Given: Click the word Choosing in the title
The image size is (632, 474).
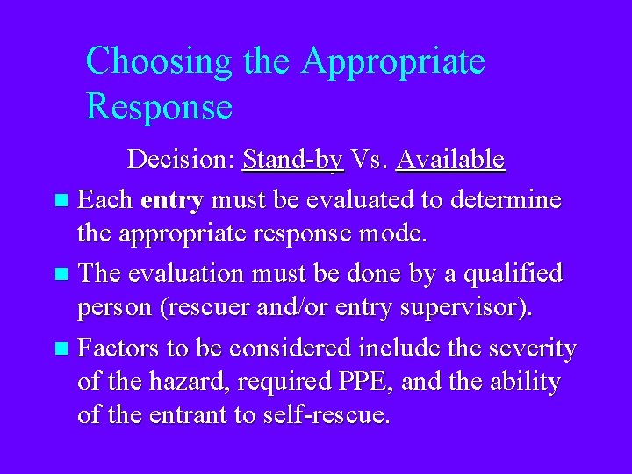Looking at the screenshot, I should click(x=158, y=61).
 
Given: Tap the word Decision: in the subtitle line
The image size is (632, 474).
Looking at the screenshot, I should click(x=182, y=159).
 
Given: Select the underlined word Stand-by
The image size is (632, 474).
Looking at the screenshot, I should click(x=292, y=159).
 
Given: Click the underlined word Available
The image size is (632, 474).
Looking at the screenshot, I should click(x=450, y=159).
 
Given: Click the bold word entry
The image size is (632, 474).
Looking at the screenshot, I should click(x=172, y=200).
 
